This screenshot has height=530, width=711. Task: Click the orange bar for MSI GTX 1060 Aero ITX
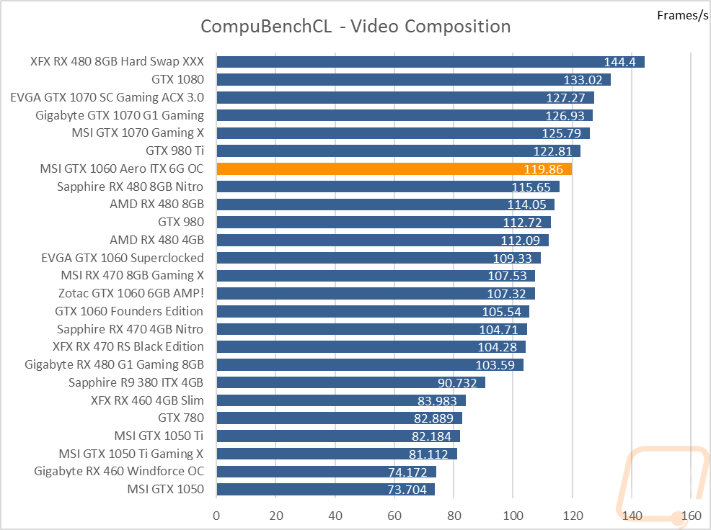tap(394, 169)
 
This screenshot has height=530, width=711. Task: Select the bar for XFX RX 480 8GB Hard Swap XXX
tap(430, 62)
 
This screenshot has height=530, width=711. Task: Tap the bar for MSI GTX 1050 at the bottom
tap(325, 489)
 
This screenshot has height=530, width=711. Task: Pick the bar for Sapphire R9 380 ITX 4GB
tap(351, 382)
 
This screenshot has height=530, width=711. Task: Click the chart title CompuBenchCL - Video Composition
tap(355, 26)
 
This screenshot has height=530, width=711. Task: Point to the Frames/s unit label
tap(682, 15)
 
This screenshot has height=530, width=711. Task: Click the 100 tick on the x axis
tap(513, 516)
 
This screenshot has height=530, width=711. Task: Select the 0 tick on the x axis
tap(216, 516)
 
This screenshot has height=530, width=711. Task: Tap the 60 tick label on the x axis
tap(394, 516)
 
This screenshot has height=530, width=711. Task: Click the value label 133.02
tap(583, 80)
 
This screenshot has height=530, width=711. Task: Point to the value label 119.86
tap(543, 169)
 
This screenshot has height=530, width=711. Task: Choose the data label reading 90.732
tap(457, 383)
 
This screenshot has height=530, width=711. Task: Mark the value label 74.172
tap(407, 472)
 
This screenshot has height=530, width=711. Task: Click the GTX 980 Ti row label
tap(175, 151)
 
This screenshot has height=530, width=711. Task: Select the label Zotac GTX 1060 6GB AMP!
tap(131, 293)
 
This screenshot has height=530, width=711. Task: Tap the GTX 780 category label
tap(181, 418)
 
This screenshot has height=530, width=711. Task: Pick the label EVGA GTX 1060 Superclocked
tap(123, 258)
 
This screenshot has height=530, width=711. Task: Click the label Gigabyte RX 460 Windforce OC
tap(119, 471)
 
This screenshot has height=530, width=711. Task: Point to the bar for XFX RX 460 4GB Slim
tap(341, 400)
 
